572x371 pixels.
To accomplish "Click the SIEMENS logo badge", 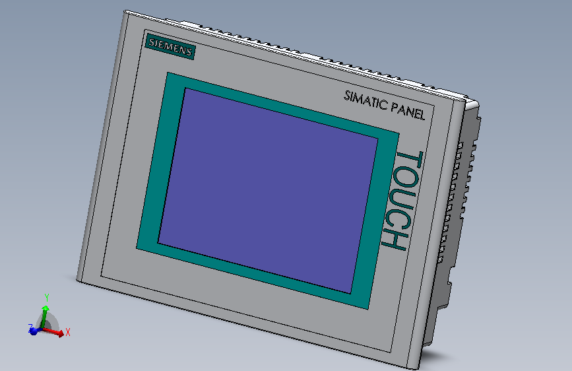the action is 170,46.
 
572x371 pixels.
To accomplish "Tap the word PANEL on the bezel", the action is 408,111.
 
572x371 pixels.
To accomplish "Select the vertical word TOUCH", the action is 402,201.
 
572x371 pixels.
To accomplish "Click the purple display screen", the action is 268,191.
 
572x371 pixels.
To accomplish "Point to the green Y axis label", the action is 47,298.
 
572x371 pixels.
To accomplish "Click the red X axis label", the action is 67,332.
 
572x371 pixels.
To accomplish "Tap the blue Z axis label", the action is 30,327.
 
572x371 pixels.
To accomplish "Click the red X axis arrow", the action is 53,331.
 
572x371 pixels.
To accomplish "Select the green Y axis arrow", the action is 44,317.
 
